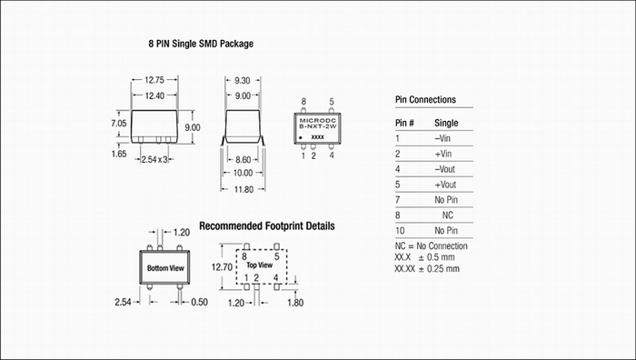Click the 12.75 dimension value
[x=154, y=80]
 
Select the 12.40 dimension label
[x=154, y=95]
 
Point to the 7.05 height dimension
[x=119, y=123]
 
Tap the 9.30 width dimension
[x=243, y=80]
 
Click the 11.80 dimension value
[x=243, y=189]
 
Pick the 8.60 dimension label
[x=243, y=159]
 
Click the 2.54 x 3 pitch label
[x=154, y=159]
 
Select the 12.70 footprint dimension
[x=222, y=267]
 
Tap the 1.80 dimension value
[x=295, y=303]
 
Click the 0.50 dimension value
[x=199, y=302]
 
